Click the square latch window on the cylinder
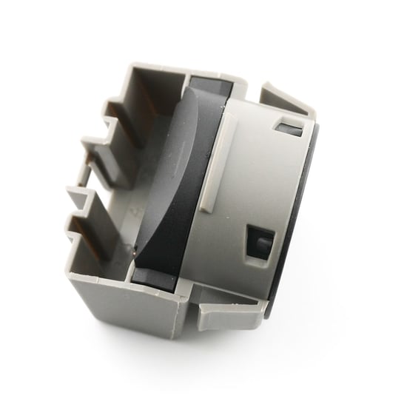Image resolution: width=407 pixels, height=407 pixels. (x=260, y=242)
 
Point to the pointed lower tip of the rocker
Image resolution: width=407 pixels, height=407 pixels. (x=135, y=255)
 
